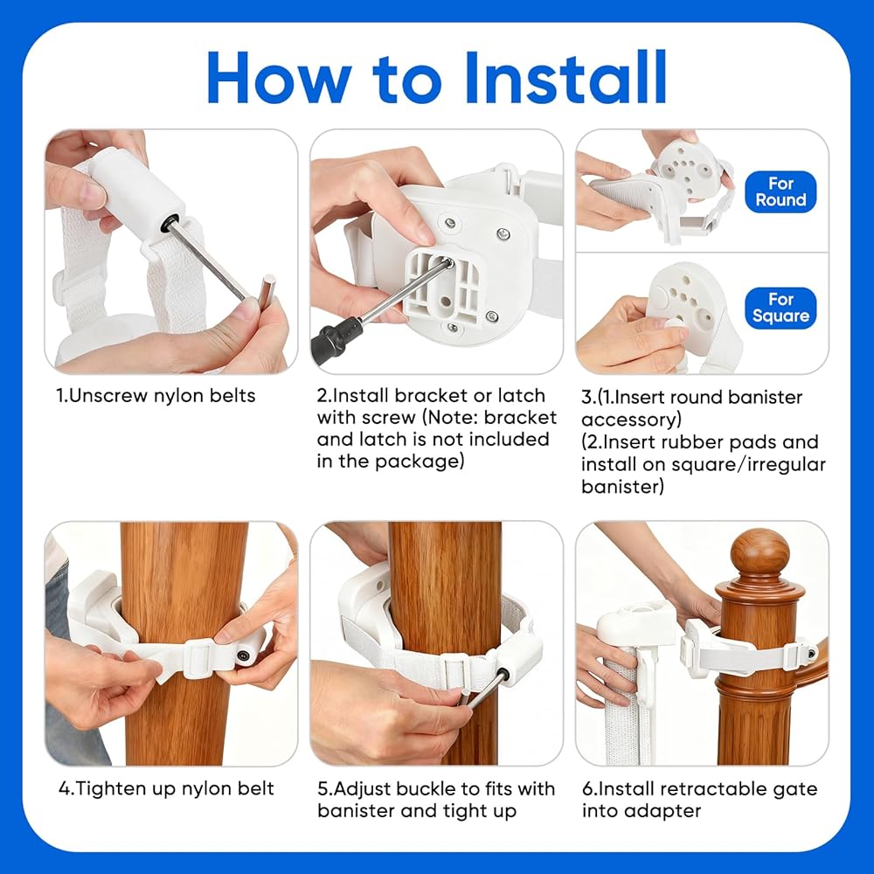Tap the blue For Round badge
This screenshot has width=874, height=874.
tap(780, 191)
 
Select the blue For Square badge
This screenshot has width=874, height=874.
tap(780, 308)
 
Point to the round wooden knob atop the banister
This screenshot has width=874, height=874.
tap(760, 551)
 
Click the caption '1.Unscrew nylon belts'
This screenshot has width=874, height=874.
tap(156, 396)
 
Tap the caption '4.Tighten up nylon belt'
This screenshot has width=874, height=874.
tap(166, 788)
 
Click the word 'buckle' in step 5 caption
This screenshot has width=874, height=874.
tap(425, 788)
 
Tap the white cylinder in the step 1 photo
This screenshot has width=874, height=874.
tap(135, 190)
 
